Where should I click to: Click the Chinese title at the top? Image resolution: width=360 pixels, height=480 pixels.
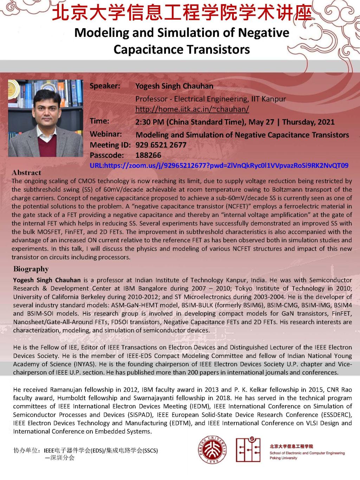tap(182, 14)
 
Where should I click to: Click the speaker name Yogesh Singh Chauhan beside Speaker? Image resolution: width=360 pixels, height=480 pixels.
tap(174, 86)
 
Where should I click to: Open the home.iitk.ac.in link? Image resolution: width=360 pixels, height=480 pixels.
tap(192, 109)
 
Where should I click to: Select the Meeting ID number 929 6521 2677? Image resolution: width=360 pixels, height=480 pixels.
tap(161, 145)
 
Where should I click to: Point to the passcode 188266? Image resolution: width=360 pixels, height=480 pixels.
tap(148, 155)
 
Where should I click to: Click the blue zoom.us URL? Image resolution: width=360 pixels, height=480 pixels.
tap(219, 165)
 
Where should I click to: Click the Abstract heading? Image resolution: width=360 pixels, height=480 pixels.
tap(26, 173)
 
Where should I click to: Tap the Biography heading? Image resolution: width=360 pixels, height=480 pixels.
tap(31, 269)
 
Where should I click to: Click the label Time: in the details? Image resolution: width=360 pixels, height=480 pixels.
tap(99, 121)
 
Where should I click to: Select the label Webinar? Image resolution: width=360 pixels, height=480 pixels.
tap(105, 134)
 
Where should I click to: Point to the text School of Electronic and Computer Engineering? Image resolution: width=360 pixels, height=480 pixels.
tap(307, 453)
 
